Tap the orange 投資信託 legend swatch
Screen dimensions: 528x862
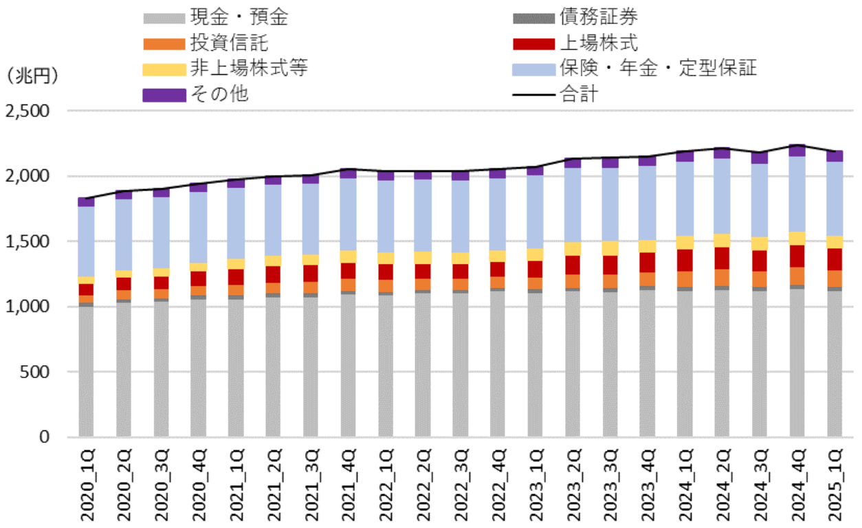pos(164,44)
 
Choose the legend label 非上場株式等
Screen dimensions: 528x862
pos(250,69)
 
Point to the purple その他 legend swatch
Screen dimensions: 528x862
pos(164,95)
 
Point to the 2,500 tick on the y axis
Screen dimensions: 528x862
pos(28,111)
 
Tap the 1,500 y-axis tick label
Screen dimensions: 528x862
pos(28,241)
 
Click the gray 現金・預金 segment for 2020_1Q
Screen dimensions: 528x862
pos(86,371)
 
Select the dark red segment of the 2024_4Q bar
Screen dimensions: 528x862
pos(797,256)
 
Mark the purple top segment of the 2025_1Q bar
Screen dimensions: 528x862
pos(835,156)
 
